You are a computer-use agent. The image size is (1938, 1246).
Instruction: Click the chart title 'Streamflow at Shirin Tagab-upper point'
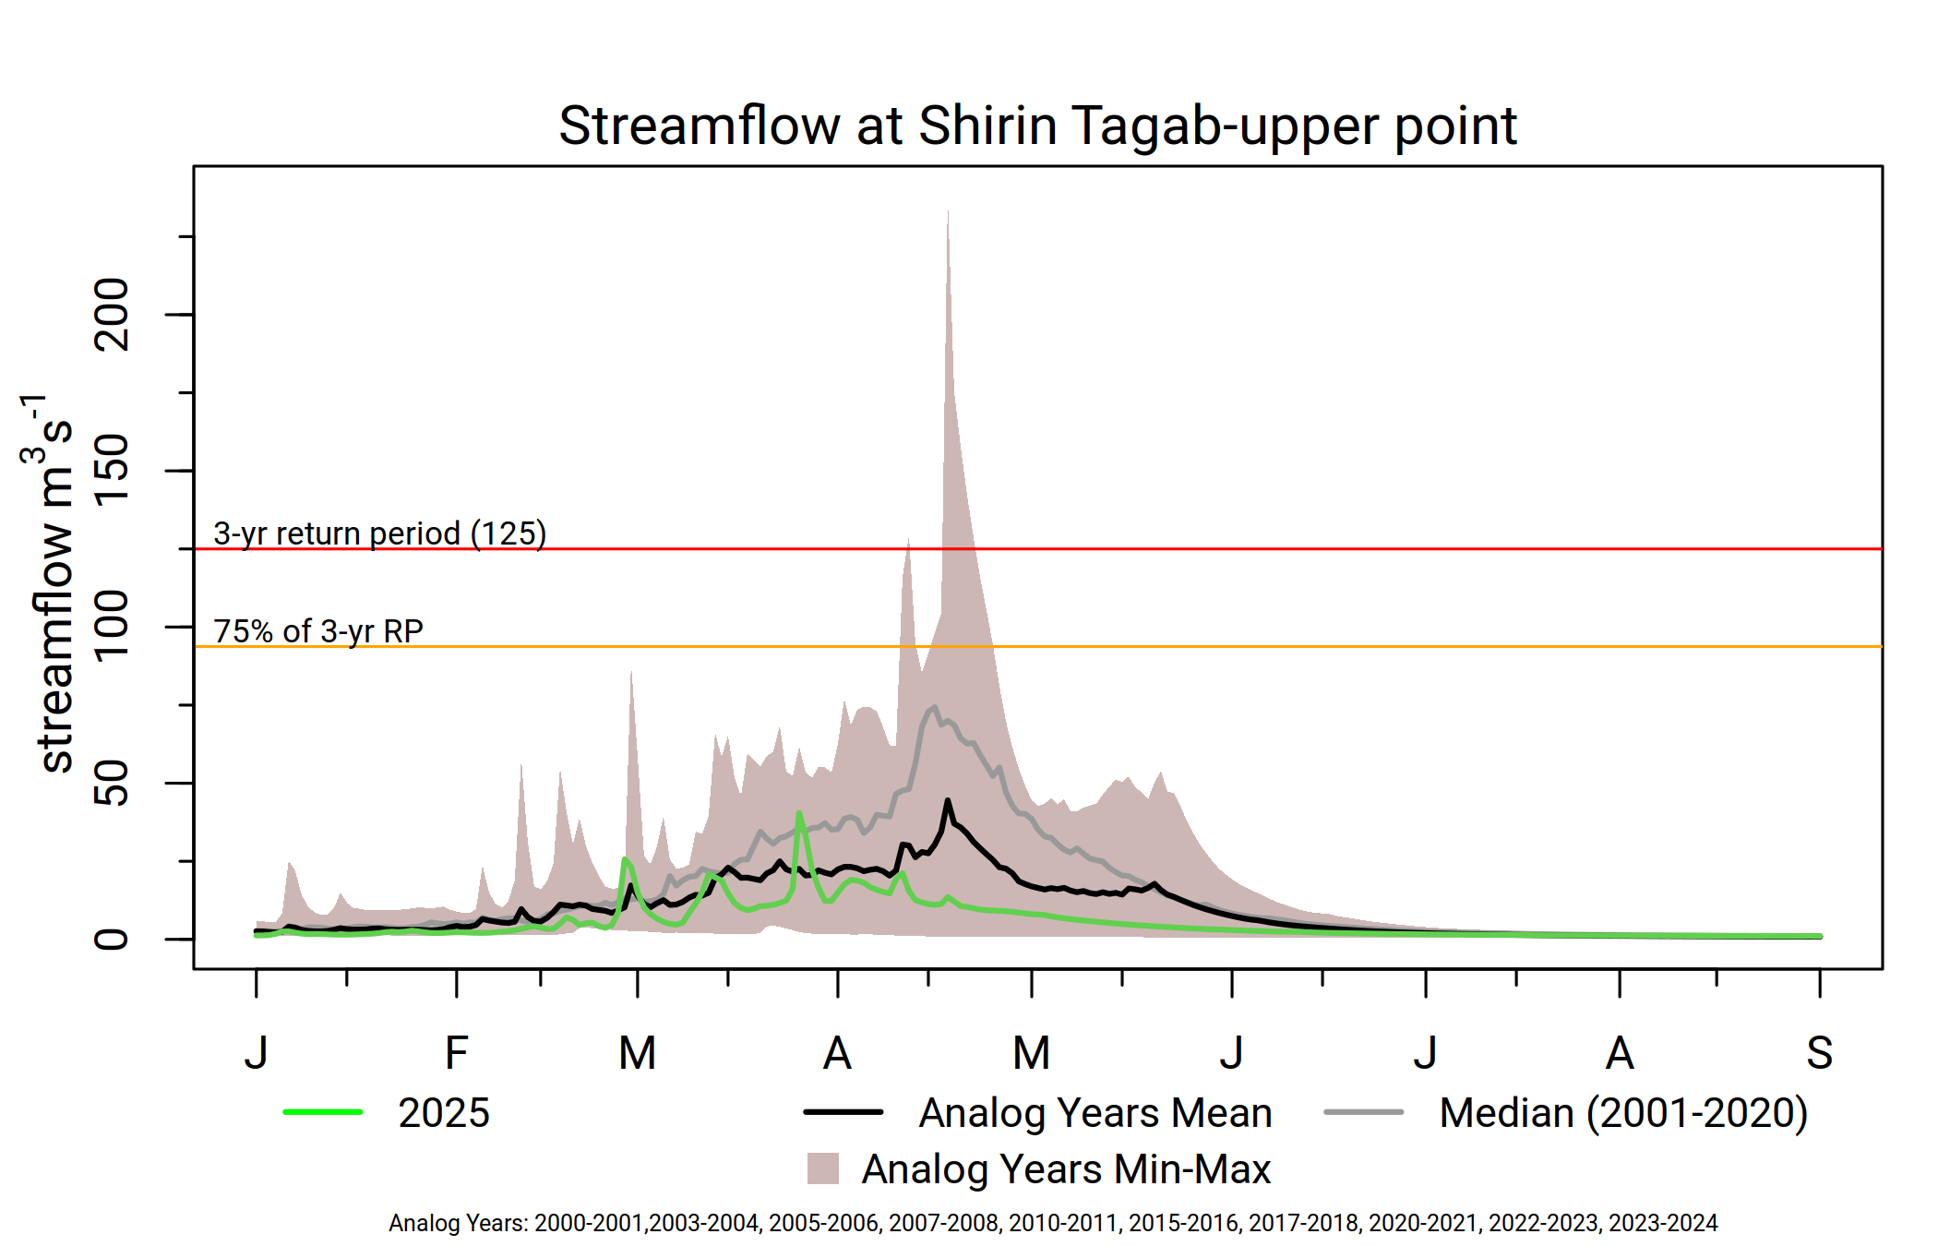[1037, 126]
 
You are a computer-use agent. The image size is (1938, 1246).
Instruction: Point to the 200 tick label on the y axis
[113, 315]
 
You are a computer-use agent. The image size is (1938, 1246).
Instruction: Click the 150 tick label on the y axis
[113, 471]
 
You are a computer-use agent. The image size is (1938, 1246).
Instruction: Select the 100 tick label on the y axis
[113, 627]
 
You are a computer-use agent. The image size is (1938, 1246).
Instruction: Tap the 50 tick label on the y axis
[113, 783]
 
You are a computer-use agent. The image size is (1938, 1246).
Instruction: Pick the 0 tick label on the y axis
[113, 939]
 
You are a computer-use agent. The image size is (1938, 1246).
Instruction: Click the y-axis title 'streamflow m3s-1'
[52, 581]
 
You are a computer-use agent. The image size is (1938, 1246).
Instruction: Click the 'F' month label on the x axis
[457, 1053]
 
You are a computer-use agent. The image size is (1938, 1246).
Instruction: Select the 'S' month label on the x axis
[1819, 1053]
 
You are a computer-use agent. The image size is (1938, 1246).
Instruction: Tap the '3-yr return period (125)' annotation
[379, 533]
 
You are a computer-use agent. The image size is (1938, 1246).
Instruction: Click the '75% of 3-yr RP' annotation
[318, 631]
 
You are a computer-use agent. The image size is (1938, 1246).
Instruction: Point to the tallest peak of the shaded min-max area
[948, 212]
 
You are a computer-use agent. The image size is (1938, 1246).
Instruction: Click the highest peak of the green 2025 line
[799, 813]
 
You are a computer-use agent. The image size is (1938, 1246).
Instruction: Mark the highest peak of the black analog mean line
[948, 801]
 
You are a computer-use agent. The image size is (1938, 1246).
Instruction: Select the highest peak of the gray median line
[935, 708]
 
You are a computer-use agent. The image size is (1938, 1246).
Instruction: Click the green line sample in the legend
[323, 1112]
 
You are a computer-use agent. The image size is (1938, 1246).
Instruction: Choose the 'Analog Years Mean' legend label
[1095, 1113]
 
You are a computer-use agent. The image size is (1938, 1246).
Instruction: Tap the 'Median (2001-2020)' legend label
[1623, 1113]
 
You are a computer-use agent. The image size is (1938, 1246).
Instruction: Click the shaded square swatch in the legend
[823, 1168]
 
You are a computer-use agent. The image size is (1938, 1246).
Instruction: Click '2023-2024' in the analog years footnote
[1663, 1223]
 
